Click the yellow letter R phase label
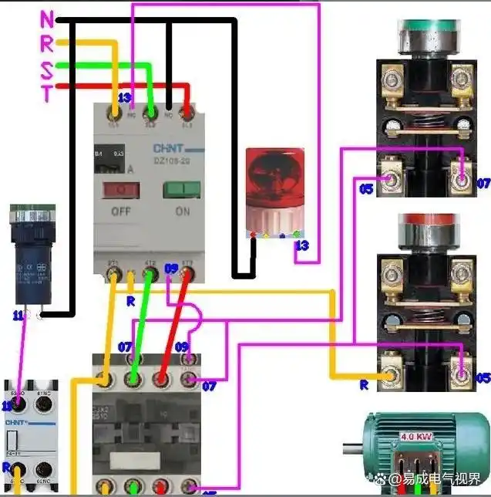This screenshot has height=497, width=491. [47, 44]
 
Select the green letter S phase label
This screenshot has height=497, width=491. [47, 71]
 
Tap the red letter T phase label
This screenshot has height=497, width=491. [47, 94]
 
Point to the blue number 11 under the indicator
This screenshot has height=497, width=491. [18, 315]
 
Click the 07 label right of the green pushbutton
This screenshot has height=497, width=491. [483, 184]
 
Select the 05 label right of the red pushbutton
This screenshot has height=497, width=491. [483, 378]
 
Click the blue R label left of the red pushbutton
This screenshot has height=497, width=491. [365, 384]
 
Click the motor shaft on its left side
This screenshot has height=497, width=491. [351, 451]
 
